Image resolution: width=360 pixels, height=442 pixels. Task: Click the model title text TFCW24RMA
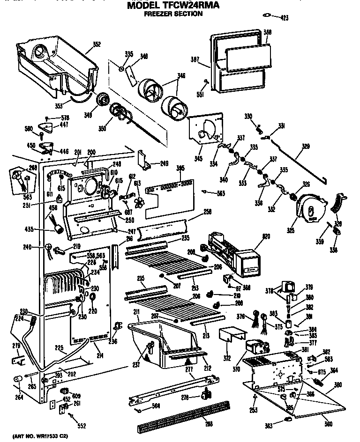[173, 5]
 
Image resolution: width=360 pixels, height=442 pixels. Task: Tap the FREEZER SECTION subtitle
[173, 14]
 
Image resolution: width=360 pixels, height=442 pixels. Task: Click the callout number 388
[268, 32]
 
